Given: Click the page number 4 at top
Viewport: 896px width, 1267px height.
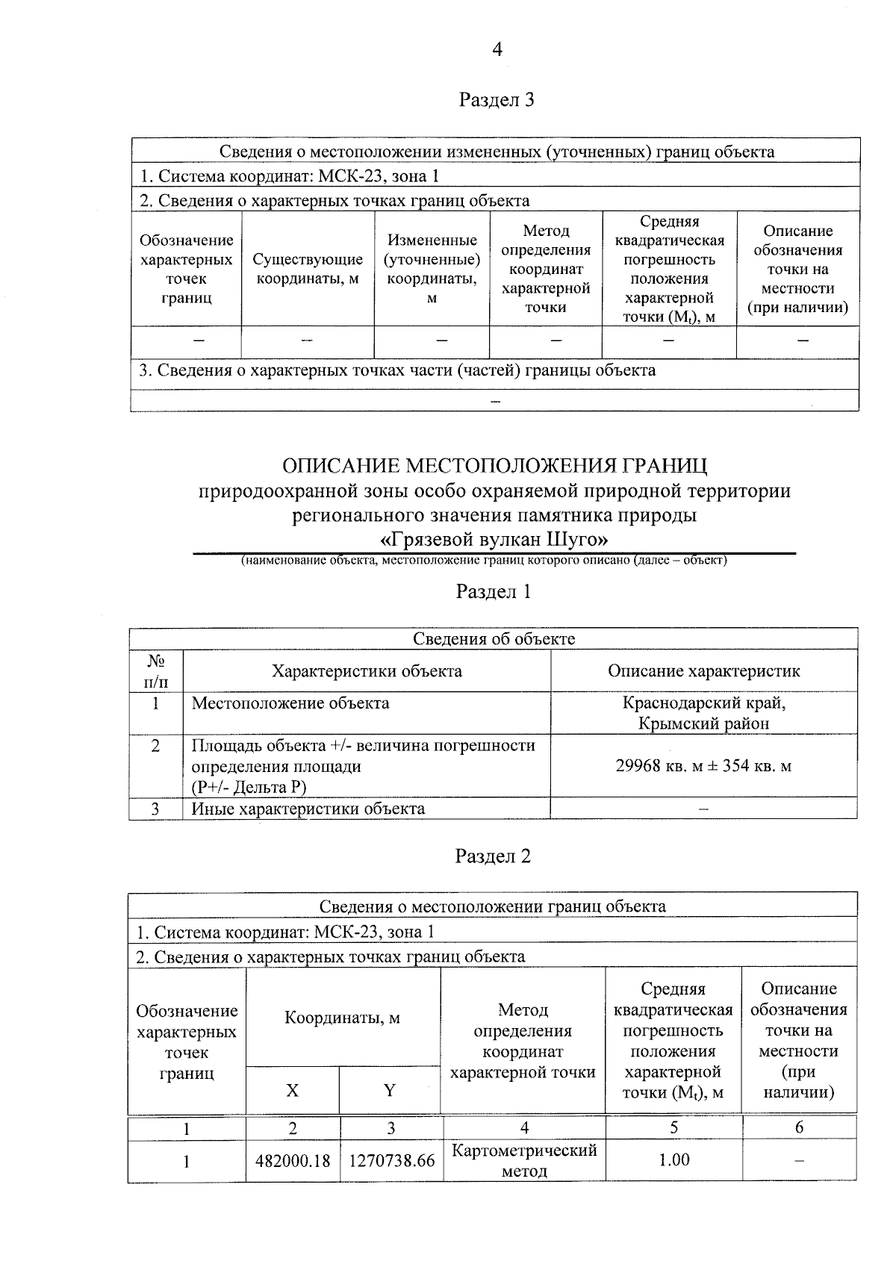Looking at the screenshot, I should point(497,49).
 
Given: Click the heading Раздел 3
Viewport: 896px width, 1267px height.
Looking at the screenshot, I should point(497,100).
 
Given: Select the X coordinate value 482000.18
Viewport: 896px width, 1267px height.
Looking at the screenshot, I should point(293,1161).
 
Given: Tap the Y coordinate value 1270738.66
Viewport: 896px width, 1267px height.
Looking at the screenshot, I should point(391,1161).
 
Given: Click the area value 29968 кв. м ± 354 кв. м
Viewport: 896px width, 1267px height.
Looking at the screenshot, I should point(703,766).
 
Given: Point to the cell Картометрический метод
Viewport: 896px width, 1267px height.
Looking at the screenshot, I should point(524,1160).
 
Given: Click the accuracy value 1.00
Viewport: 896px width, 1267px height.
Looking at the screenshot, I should point(673,1159).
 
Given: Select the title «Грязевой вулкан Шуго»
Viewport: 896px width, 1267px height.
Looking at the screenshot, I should point(494,539).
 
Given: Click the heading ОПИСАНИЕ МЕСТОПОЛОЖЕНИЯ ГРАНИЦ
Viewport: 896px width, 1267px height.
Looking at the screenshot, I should point(494,466).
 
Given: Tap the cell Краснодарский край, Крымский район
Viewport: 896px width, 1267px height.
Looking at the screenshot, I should point(703,713).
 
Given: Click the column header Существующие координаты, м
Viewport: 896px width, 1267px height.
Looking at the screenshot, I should point(308,269).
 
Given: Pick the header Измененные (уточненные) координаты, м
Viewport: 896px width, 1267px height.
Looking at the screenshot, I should point(432,269).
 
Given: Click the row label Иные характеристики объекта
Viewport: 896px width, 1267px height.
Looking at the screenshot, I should point(308,809).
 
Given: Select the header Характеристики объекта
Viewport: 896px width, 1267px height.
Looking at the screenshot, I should point(367,671).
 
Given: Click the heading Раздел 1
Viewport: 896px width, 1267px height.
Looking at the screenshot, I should point(494,592).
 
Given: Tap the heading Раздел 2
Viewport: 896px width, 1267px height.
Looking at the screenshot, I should point(493,856).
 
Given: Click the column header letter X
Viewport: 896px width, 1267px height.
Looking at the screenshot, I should point(292,1091).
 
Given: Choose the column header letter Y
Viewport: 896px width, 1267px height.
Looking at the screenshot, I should point(390,1091).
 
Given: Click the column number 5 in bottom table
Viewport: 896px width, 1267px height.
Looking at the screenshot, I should point(673,1128).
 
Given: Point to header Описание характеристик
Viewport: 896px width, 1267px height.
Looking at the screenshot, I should point(703,671).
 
